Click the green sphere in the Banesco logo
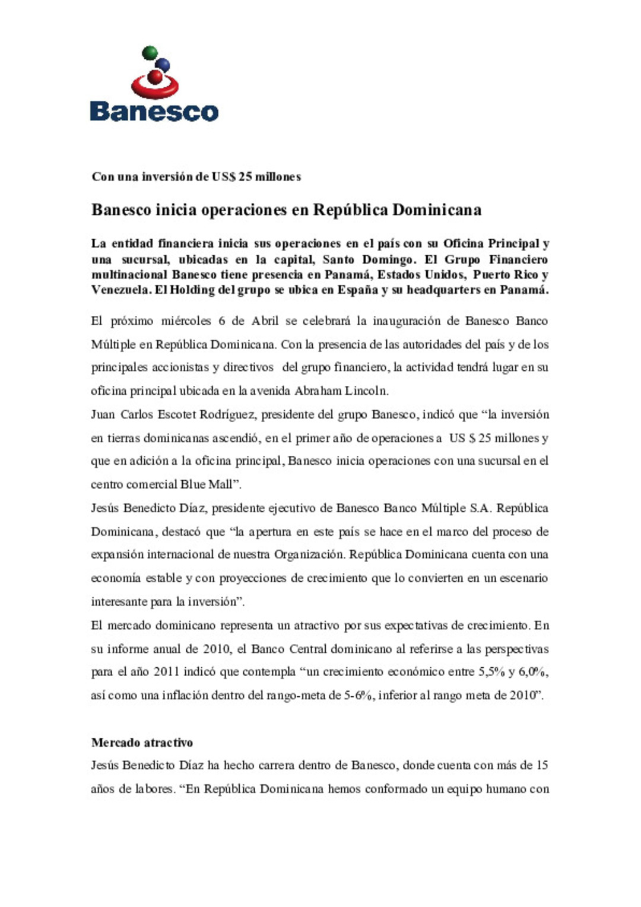(x=150, y=52)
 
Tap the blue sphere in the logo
(x=162, y=65)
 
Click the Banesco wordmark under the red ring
(x=154, y=112)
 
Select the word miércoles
(x=186, y=321)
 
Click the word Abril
(x=265, y=321)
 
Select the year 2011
(x=166, y=672)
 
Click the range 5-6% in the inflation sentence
(x=358, y=695)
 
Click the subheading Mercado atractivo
(x=142, y=743)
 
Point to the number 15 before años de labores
(x=541, y=765)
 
